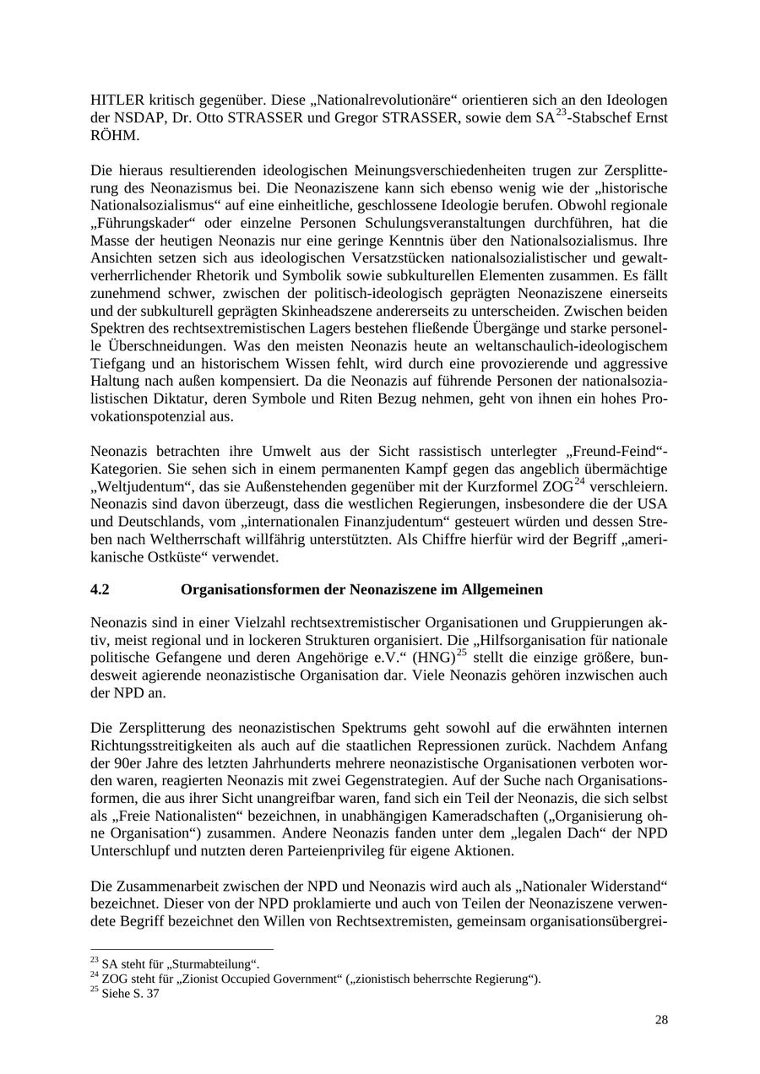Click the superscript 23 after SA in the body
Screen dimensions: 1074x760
560,113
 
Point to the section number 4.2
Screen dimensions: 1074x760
100,589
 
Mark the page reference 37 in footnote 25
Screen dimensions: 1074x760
152,994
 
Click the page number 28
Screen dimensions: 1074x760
661,1020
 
